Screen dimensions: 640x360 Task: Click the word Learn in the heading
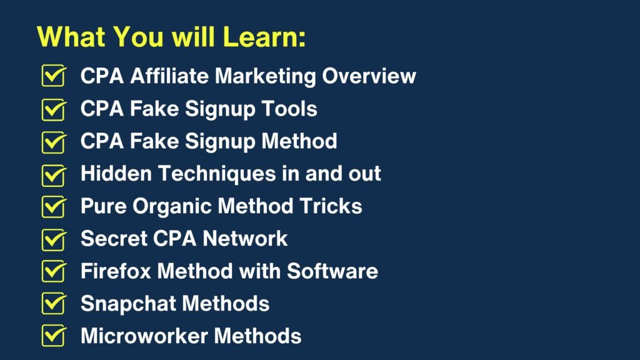point(264,37)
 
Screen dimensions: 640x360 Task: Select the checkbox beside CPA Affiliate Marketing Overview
point(54,76)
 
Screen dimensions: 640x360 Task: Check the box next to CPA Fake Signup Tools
point(54,109)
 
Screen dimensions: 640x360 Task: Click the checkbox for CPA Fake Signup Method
point(54,142)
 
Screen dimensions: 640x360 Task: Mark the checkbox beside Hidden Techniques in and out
point(54,175)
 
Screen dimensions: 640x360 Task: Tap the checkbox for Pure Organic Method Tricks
point(54,206)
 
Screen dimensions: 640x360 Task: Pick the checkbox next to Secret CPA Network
point(54,239)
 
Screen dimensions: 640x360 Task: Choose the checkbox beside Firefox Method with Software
point(54,271)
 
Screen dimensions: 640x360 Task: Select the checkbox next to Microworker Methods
point(54,336)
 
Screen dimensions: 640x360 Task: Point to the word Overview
point(369,76)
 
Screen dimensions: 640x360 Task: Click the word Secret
point(114,238)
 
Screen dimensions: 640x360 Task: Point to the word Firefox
point(116,271)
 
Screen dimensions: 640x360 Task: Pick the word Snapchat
point(128,304)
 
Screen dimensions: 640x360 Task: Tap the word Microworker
point(144,336)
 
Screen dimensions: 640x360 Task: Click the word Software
point(332,271)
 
